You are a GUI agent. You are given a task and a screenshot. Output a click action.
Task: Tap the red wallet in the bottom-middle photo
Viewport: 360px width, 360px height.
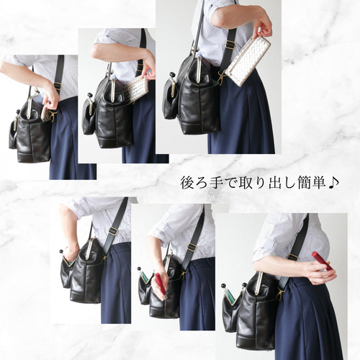pyautogui.click(x=161, y=283)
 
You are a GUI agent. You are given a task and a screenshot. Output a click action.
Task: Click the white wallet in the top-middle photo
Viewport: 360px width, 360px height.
pyautogui.click(x=137, y=89)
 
